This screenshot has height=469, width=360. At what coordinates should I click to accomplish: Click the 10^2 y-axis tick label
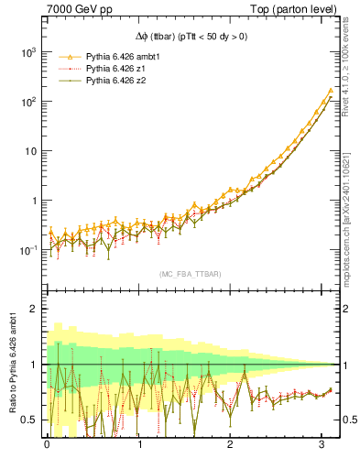click(x=27, y=102)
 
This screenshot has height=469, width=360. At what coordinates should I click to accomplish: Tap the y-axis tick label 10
click(x=30, y=151)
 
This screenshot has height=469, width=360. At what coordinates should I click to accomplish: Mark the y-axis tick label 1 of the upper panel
click(x=35, y=201)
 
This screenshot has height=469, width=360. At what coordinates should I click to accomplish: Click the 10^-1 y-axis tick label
click(x=27, y=250)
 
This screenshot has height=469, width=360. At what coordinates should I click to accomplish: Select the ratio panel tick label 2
click(x=34, y=309)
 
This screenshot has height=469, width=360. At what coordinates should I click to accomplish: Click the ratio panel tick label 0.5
click(x=29, y=420)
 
